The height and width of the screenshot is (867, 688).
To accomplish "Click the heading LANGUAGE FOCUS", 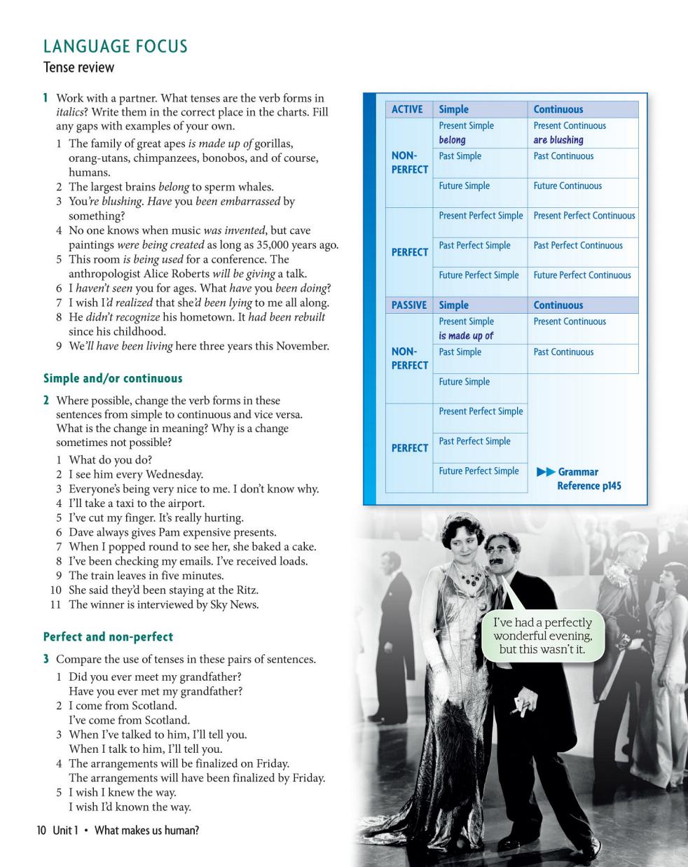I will (x=116, y=47).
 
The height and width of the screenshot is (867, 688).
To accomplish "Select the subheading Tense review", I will (x=78, y=68).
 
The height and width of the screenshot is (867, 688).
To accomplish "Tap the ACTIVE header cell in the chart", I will (x=407, y=109).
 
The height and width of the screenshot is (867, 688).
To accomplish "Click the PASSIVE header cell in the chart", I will (x=409, y=305).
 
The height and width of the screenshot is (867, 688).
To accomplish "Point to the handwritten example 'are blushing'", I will (x=558, y=140).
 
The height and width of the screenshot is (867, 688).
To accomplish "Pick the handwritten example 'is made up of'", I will (x=466, y=336).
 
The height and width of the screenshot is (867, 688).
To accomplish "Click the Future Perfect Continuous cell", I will (x=582, y=275).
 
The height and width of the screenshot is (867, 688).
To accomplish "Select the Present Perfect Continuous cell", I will (x=584, y=216).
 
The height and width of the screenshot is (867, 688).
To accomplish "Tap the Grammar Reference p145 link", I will (x=587, y=479).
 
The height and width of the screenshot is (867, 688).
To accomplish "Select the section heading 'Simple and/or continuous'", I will (x=113, y=379).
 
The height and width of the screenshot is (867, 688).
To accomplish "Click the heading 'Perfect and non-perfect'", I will (x=108, y=637).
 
